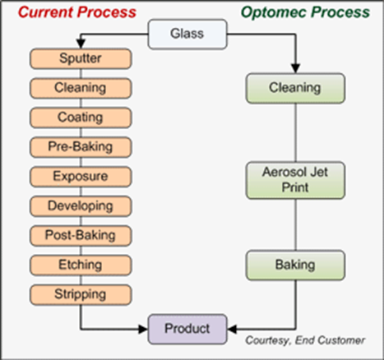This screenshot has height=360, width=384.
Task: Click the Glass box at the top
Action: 187,35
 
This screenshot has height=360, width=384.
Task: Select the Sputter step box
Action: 81,58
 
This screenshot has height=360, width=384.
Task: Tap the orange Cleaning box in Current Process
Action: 81,88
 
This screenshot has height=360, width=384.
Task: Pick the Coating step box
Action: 81,118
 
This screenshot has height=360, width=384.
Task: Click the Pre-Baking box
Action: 81,147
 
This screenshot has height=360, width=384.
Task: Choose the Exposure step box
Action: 81,177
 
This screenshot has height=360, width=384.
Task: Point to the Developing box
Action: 81,206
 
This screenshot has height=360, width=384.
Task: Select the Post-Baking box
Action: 81,236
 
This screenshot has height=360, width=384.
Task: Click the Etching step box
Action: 81,265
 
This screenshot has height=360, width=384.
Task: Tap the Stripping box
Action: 81,295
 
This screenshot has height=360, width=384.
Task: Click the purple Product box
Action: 187,329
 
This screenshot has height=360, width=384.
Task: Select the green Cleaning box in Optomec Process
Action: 295,88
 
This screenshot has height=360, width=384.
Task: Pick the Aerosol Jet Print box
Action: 295,180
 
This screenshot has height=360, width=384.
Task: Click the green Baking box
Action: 295,265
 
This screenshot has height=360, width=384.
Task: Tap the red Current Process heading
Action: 77,12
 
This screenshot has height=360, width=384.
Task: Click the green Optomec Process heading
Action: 305,12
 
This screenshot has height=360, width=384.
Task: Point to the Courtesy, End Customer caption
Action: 305,340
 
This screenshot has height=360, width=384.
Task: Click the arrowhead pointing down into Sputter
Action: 81,44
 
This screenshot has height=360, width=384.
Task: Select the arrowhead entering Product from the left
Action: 143,329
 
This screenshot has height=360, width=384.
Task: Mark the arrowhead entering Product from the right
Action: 232,329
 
